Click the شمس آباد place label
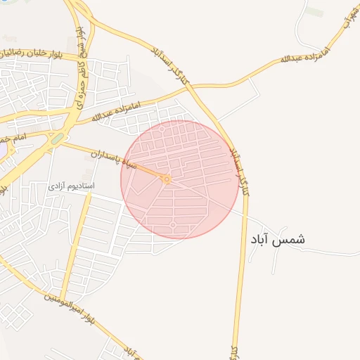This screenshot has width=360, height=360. coord(277,239)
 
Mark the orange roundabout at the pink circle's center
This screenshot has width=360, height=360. coord(167,179)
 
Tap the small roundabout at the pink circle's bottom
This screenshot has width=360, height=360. coord(173,224)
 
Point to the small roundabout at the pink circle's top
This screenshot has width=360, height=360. coord(162,129)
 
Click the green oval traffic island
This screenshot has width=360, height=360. coord(57,139)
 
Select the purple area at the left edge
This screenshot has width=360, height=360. coord(3,150)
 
